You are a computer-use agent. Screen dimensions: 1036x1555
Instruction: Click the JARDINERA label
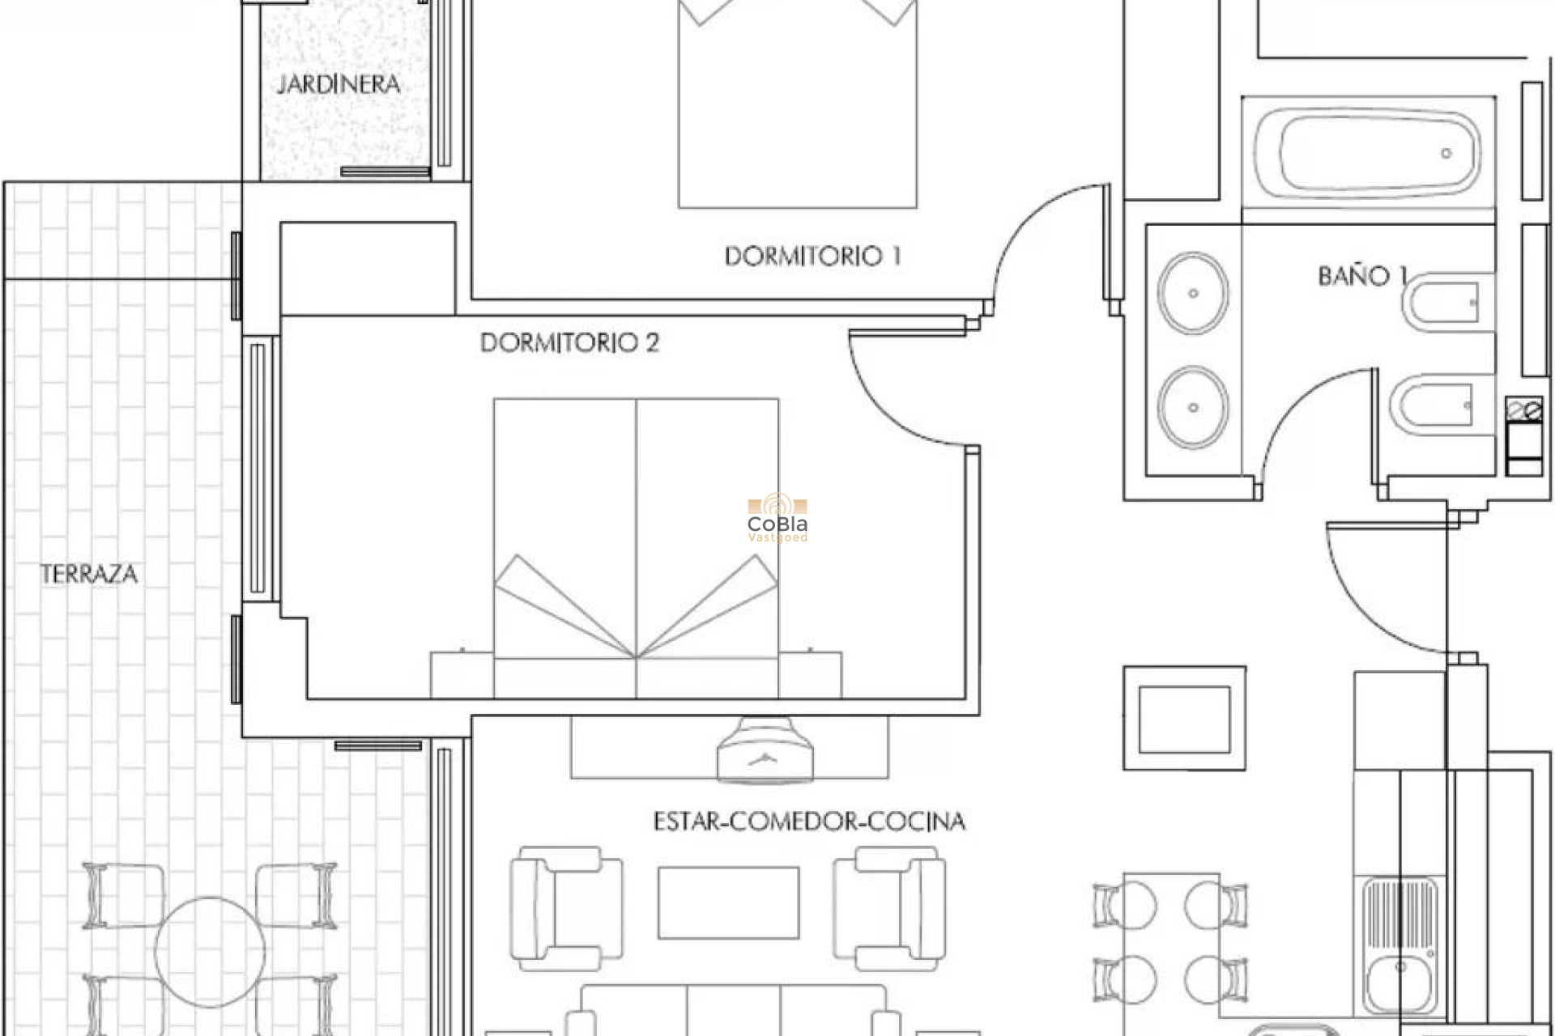(x=339, y=84)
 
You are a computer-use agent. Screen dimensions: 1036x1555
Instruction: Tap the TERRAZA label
(x=89, y=575)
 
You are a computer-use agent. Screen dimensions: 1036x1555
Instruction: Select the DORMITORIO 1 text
(x=812, y=257)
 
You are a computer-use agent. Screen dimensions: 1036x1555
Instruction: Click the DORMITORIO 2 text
(x=569, y=342)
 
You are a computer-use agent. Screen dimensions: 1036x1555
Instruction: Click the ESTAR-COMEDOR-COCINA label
(x=809, y=822)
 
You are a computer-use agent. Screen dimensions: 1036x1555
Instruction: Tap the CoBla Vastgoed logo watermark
(x=777, y=519)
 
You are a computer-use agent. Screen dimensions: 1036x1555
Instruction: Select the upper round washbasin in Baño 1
(x=1192, y=293)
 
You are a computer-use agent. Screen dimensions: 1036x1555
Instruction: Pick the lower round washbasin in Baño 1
(x=1192, y=407)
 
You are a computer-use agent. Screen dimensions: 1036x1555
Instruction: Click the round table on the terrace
(x=210, y=952)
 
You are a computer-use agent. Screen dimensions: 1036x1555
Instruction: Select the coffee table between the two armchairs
(x=728, y=902)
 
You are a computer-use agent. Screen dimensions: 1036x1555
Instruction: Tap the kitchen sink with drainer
(x=1399, y=943)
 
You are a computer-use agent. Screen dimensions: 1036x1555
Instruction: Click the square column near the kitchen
(x=1184, y=719)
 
